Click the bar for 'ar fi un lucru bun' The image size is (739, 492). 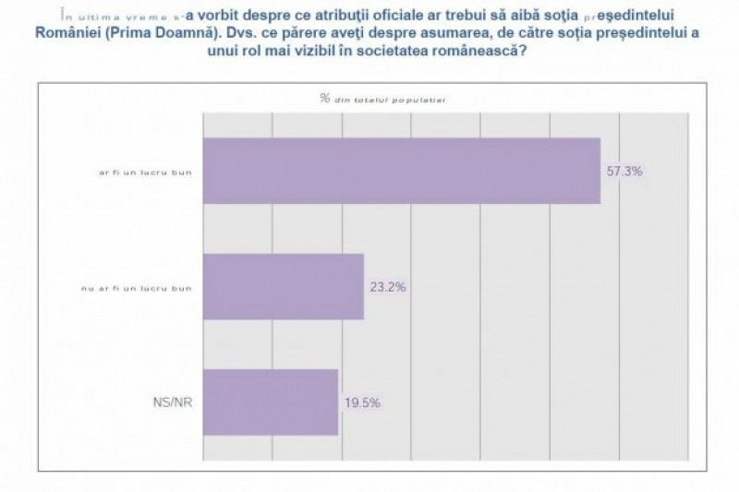pos(401,171)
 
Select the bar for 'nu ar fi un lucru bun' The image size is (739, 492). pos(283,286)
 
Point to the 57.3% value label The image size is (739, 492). pos(624,172)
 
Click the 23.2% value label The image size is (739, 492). pos(388,287)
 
